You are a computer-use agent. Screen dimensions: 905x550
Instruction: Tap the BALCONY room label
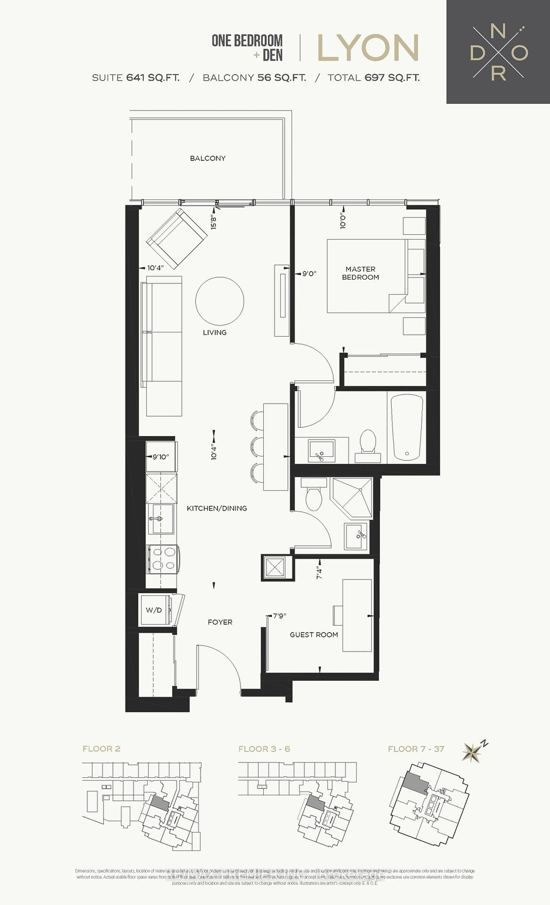pyautogui.click(x=208, y=158)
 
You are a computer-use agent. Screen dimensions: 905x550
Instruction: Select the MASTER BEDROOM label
pyautogui.click(x=360, y=273)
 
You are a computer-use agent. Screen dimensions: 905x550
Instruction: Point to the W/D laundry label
pyautogui.click(x=154, y=610)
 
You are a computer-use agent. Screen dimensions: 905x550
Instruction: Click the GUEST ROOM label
pyautogui.click(x=314, y=635)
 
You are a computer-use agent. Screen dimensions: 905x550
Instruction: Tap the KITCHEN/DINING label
pyautogui.click(x=217, y=508)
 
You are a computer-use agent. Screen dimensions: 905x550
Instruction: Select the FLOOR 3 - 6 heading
pyautogui.click(x=264, y=749)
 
